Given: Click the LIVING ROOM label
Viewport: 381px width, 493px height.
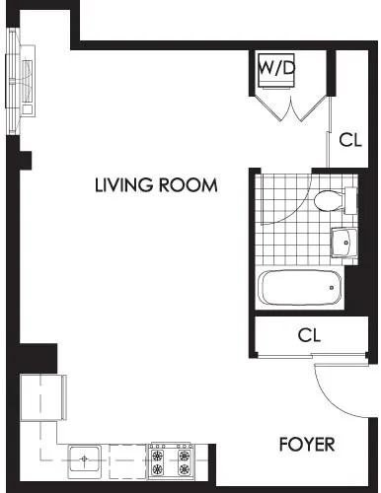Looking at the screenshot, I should (156, 184).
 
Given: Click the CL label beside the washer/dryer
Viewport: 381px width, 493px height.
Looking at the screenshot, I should (350, 139).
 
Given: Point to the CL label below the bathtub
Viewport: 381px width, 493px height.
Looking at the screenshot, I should (310, 335).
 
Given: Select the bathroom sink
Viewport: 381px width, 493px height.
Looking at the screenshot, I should (342, 240).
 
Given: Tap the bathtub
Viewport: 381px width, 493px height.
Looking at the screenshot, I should (299, 290).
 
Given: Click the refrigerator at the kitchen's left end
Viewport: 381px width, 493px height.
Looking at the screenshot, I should (42, 397).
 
